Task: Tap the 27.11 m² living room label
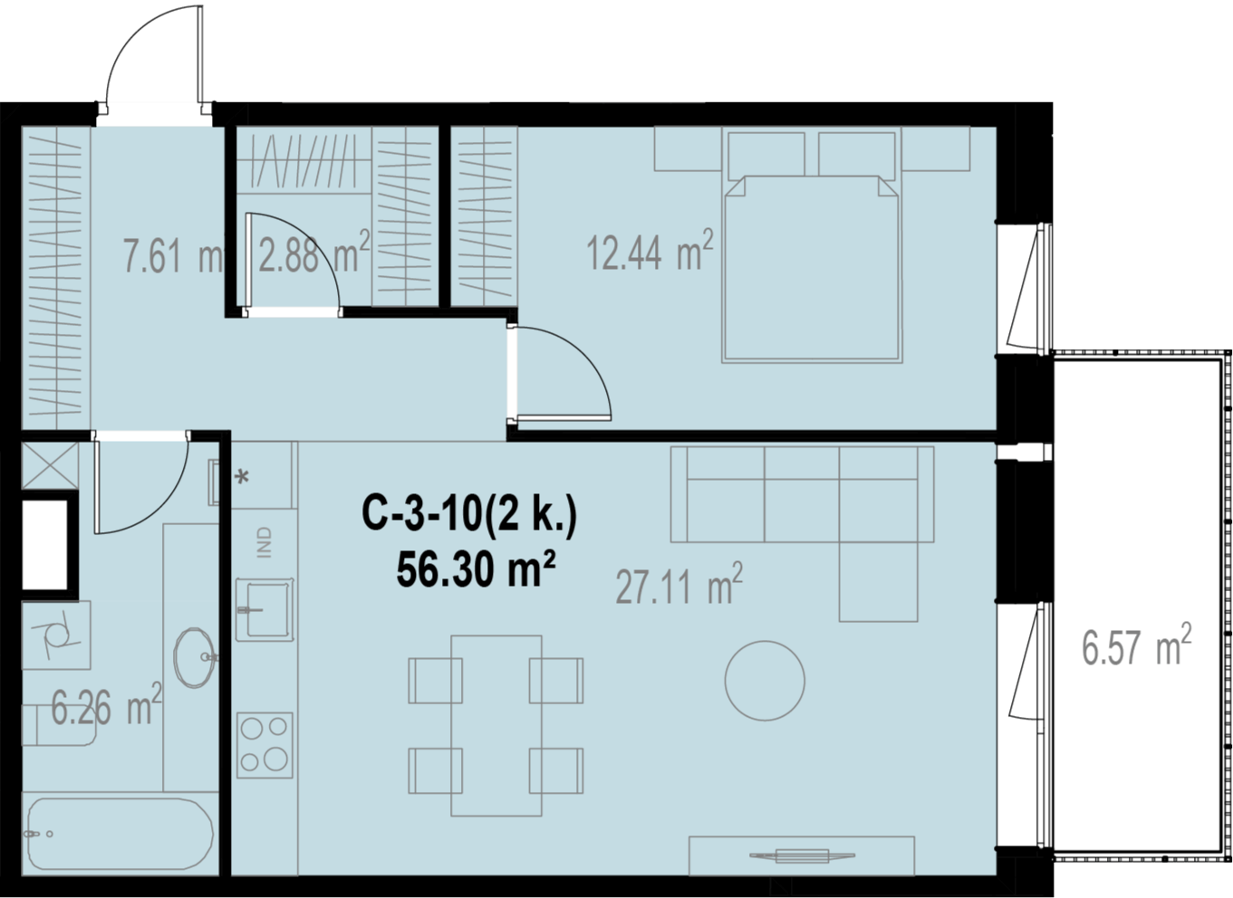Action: (x=679, y=584)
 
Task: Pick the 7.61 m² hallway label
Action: (x=173, y=254)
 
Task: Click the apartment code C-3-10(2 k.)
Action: (x=469, y=513)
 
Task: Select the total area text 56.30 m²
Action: (x=476, y=570)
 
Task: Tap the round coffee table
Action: (x=765, y=681)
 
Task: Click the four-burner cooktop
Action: (x=265, y=745)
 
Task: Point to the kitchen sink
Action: (x=265, y=609)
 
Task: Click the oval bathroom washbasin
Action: (x=194, y=657)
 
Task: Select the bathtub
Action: (x=120, y=834)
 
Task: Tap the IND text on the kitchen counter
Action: (x=265, y=542)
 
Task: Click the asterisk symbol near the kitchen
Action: (x=242, y=477)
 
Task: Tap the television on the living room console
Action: (x=803, y=855)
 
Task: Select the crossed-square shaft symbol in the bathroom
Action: (x=50, y=465)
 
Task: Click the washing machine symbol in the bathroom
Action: (x=56, y=635)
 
